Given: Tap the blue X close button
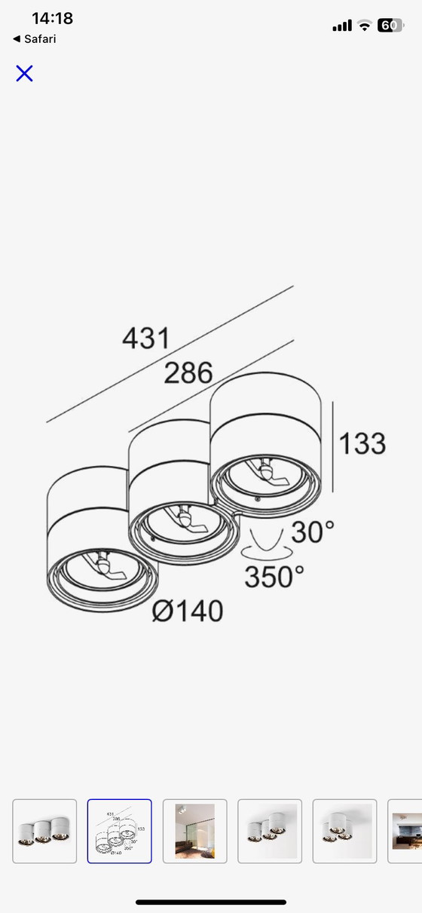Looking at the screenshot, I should (x=24, y=73).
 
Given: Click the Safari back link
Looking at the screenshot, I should (x=35, y=39).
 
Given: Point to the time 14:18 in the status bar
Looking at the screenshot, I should (x=52, y=18).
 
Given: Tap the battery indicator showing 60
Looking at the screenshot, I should (x=390, y=25).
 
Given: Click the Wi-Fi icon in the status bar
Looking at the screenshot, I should (x=365, y=26).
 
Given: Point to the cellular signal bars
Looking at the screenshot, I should (x=342, y=26).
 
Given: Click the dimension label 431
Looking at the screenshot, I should (x=146, y=339).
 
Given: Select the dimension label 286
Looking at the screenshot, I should (x=188, y=372).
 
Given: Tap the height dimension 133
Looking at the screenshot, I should (x=362, y=443).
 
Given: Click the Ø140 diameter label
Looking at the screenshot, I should (x=188, y=611).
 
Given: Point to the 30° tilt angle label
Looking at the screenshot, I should (x=313, y=532).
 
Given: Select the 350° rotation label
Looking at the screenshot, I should (x=274, y=577).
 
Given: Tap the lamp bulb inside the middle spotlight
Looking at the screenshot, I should (x=185, y=518).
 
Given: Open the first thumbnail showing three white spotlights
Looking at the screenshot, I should (x=44, y=831).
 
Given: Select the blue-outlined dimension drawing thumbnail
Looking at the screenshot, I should (x=120, y=831).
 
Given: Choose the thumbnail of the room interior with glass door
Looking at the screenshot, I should (x=194, y=831).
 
